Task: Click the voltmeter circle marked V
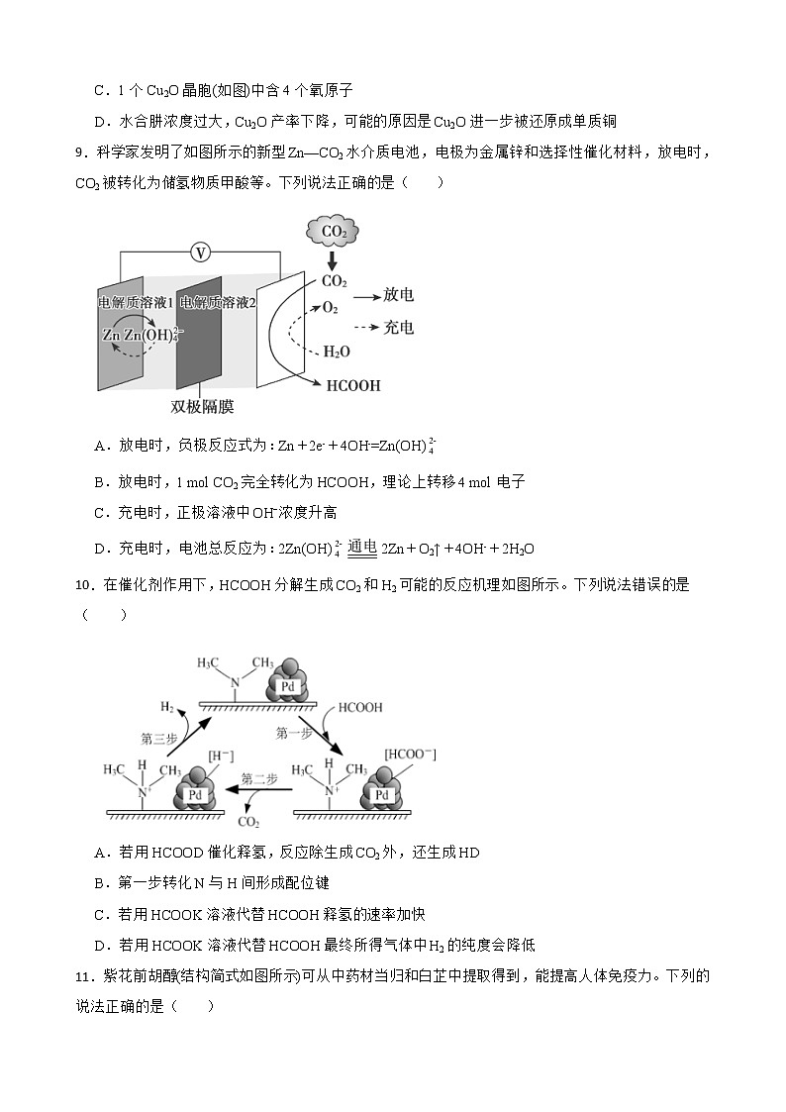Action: [201, 253]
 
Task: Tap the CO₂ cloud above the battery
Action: [333, 232]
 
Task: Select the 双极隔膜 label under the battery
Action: [202, 407]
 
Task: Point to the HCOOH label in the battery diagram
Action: [353, 385]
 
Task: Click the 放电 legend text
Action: [398, 295]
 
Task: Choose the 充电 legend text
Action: [398, 327]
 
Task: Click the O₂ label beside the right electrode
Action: [331, 308]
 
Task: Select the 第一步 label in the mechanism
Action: [294, 733]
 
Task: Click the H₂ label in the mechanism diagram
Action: [167, 706]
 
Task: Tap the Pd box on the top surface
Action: [287, 685]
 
